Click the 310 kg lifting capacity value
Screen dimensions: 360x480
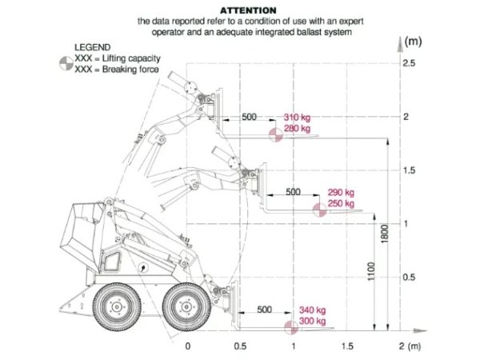pos(297,118)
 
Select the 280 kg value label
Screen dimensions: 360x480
pos(297,129)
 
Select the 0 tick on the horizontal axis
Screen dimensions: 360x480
pos(188,346)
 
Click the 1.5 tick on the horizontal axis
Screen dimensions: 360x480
pos(346,346)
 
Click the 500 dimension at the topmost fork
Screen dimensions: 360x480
pos(250,118)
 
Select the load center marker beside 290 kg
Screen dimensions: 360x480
pos(318,210)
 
